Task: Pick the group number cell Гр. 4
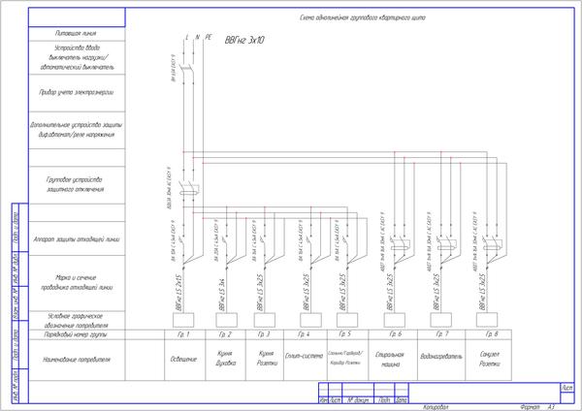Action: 301,334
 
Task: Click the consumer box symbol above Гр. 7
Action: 440,319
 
